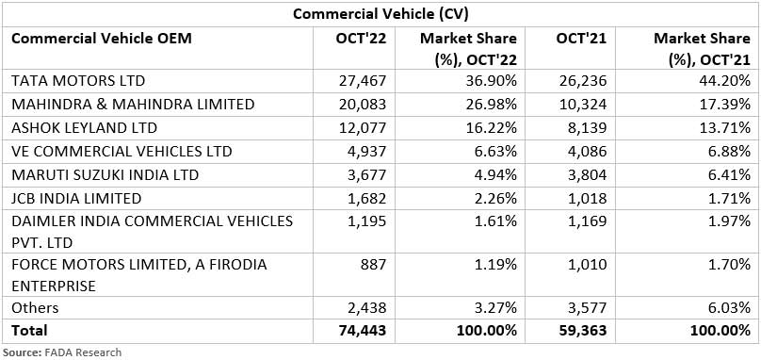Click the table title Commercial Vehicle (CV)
pyautogui.click(x=380, y=13)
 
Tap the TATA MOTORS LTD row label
pyautogui.click(x=78, y=80)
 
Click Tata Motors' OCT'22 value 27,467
pyautogui.click(x=364, y=80)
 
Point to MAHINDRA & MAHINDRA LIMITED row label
pyautogui.click(x=132, y=104)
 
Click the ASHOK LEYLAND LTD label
pyautogui.click(x=83, y=127)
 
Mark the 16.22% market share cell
pyautogui.click(x=486, y=127)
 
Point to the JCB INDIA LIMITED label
pyautogui.click(x=76, y=198)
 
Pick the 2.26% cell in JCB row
pyautogui.click(x=491, y=198)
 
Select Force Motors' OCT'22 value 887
pyautogui.click(x=374, y=266)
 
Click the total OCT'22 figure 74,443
pyautogui.click(x=364, y=331)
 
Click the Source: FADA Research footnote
pyautogui.click(x=62, y=352)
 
